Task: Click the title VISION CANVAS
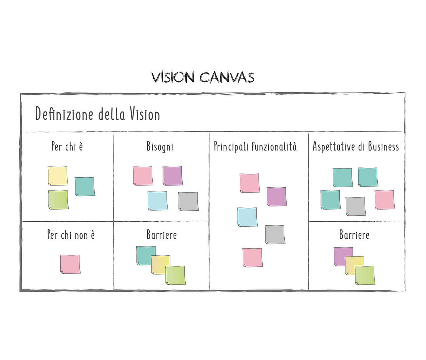203,77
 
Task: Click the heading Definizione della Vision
97,115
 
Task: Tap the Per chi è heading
67,146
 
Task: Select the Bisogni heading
160,146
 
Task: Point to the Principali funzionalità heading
255,146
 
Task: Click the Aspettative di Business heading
356,146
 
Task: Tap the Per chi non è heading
71,234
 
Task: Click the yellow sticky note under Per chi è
58,176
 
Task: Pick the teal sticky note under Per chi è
85,186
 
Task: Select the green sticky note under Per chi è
58,200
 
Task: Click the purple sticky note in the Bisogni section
173,176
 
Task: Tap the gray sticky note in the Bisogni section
188,201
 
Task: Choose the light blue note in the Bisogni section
158,201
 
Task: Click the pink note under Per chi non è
70,264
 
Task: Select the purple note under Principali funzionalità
277,196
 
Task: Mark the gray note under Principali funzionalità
275,234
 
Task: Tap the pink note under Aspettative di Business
384,200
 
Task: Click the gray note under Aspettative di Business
355,206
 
